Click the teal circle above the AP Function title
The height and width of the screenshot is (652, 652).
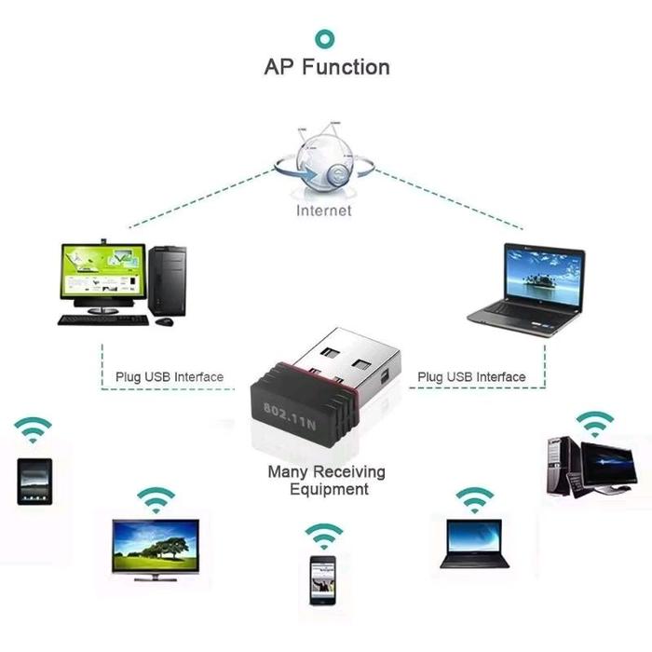325,37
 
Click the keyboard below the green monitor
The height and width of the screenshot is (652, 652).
102,319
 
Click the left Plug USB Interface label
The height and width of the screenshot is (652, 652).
170,377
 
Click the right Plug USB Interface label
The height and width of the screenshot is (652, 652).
471,377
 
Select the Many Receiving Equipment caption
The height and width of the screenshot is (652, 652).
326,481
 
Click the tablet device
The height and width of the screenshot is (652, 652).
32,482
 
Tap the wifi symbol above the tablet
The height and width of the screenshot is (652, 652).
33,429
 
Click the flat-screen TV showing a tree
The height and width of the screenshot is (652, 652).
156,548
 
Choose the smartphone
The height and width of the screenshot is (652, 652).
322,579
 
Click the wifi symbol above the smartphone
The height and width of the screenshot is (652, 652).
323,536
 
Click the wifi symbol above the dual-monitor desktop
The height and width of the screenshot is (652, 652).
592,423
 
